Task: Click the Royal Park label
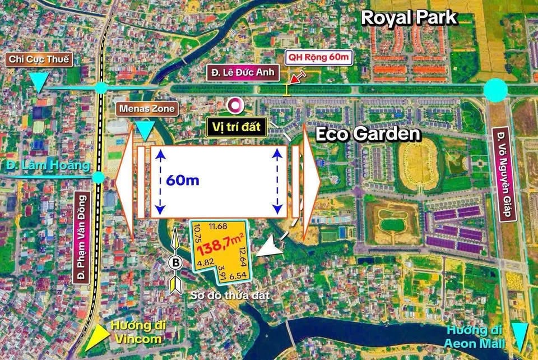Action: click(x=409, y=17)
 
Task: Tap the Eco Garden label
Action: click(x=368, y=134)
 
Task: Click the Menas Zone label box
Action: click(x=145, y=108)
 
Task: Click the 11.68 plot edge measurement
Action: click(x=217, y=226)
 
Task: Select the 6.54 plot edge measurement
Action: click(x=238, y=276)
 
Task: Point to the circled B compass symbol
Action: click(x=175, y=262)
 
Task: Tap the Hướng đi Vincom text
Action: click(x=136, y=333)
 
